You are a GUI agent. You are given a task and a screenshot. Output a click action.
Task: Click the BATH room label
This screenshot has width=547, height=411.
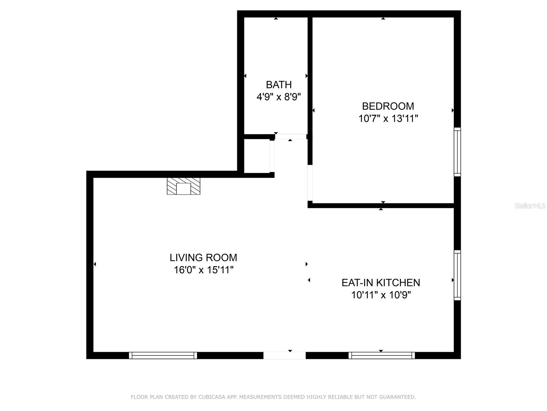pyautogui.click(x=279, y=85)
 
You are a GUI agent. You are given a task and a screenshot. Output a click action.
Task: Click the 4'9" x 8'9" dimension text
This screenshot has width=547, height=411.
pyautogui.click(x=279, y=97)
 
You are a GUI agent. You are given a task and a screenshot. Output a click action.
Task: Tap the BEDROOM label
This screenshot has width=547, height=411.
pyautogui.click(x=388, y=106)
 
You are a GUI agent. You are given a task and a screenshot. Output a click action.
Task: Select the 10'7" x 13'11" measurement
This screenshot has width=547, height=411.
pyautogui.click(x=388, y=119)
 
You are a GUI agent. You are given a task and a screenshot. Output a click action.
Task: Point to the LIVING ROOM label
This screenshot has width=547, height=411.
pyautogui.click(x=203, y=258)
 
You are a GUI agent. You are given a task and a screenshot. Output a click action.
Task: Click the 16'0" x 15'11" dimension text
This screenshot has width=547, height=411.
pyautogui.click(x=203, y=270)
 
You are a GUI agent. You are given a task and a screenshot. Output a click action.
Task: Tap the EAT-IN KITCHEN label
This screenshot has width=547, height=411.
pyautogui.click(x=381, y=283)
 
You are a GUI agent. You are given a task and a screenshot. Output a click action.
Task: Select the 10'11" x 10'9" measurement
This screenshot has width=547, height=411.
pyautogui.click(x=381, y=295)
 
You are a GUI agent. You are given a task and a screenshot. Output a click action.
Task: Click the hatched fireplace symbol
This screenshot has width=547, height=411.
pyautogui.click(x=184, y=186)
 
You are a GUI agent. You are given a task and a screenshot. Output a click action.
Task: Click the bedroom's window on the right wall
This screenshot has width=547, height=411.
pyautogui.click(x=457, y=152)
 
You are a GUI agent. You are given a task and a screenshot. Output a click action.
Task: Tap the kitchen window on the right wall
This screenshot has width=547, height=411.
pyautogui.click(x=457, y=275)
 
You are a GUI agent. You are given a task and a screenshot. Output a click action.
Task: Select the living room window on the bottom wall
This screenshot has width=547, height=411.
pyautogui.click(x=163, y=356)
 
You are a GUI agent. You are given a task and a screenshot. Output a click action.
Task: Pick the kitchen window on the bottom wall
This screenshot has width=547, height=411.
pyautogui.click(x=382, y=356)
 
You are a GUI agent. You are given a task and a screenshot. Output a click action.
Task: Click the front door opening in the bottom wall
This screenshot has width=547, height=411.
pyautogui.click(x=284, y=356)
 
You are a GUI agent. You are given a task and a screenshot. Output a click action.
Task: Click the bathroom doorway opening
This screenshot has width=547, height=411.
pyautogui.click(x=291, y=137)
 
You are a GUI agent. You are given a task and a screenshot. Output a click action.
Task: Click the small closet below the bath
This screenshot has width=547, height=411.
pyautogui.click(x=257, y=156)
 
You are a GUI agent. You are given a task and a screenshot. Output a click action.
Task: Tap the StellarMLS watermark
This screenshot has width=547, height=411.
pyautogui.click(x=530, y=206)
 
